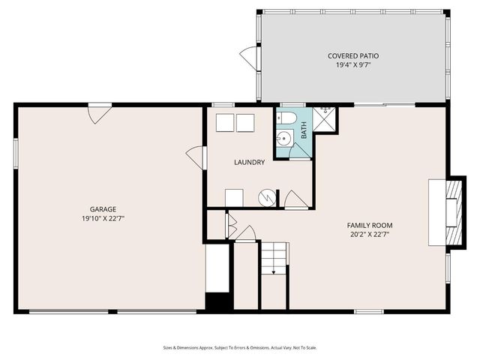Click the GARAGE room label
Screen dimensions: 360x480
click(x=103, y=209)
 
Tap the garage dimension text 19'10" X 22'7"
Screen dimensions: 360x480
click(x=103, y=218)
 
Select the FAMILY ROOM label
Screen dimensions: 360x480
click(x=369, y=225)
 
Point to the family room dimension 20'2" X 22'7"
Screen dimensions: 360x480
click(x=369, y=234)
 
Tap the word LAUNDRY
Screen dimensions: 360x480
click(x=249, y=162)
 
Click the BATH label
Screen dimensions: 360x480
click(x=304, y=131)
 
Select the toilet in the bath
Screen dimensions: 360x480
click(x=284, y=118)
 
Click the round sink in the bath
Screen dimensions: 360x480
click(x=284, y=139)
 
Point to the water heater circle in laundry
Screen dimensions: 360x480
click(x=268, y=197)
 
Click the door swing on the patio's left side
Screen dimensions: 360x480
click(x=248, y=56)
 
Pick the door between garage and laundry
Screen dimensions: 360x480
click(x=196, y=157)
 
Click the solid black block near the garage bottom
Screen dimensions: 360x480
click(x=218, y=302)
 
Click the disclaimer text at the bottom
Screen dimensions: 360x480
click(x=240, y=347)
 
